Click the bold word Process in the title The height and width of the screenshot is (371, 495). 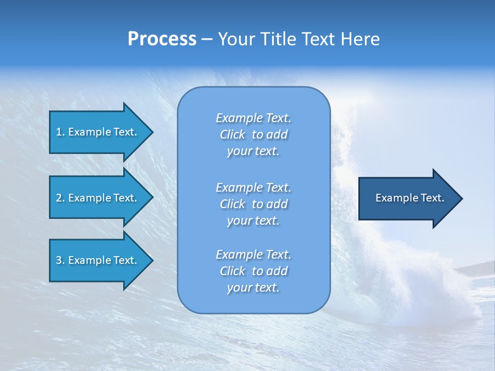pyautogui.click(x=162, y=39)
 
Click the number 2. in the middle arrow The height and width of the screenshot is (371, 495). pyautogui.click(x=60, y=198)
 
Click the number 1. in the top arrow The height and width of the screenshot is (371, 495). pyautogui.click(x=60, y=132)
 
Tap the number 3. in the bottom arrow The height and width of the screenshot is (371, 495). pyautogui.click(x=60, y=260)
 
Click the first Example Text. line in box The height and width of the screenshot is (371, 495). pyautogui.click(x=253, y=118)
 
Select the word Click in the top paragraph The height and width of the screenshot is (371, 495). pyautogui.click(x=233, y=134)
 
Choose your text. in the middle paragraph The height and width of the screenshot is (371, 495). pyautogui.click(x=253, y=221)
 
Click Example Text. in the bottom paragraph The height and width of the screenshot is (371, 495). pyautogui.click(x=253, y=255)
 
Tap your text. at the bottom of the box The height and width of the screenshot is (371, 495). pyautogui.click(x=253, y=288)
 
